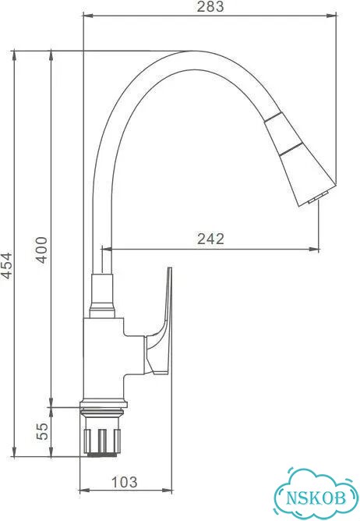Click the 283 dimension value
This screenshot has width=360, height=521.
tap(210, 7)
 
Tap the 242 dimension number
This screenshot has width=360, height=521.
tap(211, 239)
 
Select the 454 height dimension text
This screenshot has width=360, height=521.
tap(7, 265)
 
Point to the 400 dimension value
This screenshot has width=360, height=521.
tap(41, 250)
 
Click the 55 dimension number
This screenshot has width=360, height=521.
tap(42, 431)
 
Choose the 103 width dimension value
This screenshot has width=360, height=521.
tap(124, 482)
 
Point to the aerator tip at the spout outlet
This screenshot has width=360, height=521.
tap(319, 197)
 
